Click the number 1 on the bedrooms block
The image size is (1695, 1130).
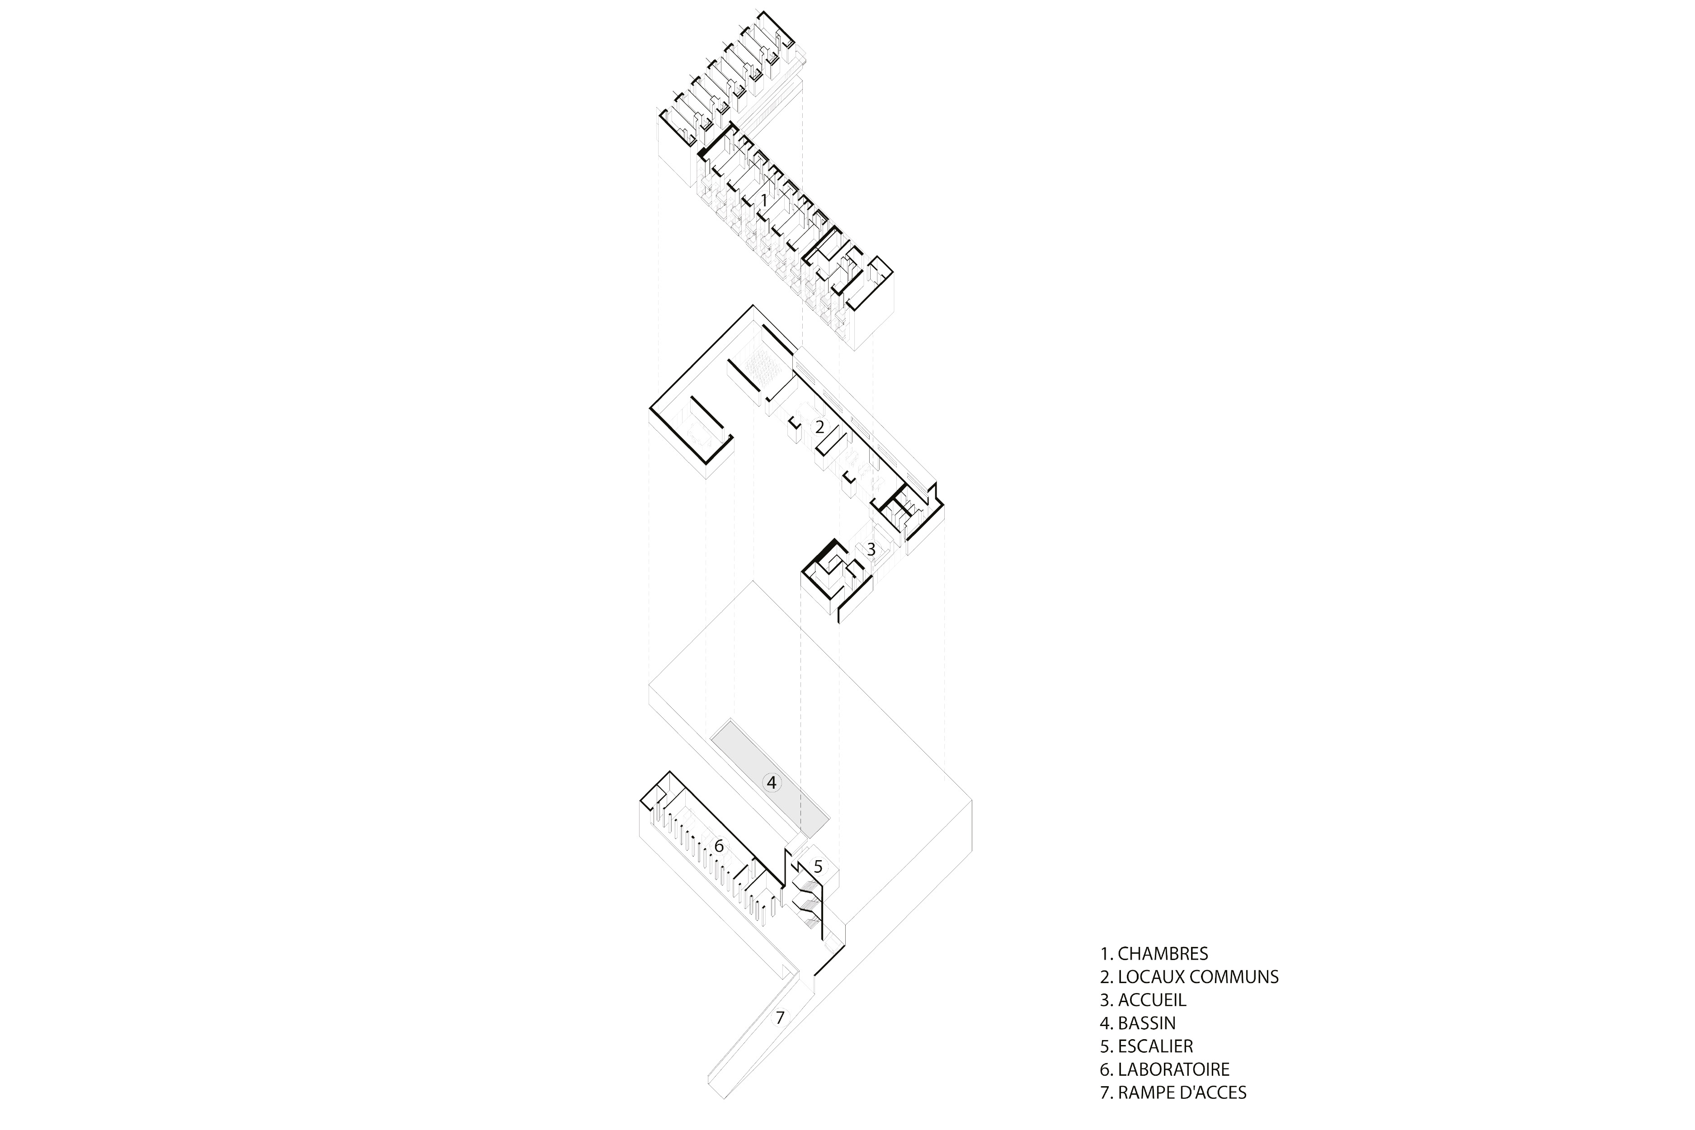764,199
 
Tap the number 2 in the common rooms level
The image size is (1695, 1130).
819,427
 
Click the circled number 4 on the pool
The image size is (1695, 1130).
772,783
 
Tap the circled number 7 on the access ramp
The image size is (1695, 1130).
779,1017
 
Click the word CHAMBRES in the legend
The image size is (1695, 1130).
1163,953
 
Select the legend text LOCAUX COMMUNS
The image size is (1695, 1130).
1198,976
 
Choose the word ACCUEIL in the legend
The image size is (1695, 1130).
1152,999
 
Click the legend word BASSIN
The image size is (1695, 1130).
1147,1022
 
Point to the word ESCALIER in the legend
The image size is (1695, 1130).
1155,1045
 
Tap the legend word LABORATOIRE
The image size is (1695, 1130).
1173,1069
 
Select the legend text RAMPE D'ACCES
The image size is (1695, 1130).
1182,1092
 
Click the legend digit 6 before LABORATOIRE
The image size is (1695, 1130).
1105,1069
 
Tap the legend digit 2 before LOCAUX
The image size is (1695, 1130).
1105,976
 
